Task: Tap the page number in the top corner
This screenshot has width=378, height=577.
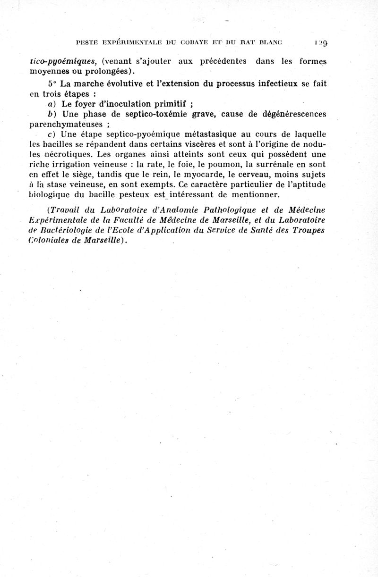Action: click(x=323, y=43)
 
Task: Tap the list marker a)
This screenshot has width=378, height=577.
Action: click(x=51, y=104)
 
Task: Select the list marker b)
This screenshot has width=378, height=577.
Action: click(x=51, y=115)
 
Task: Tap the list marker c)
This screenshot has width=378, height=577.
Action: click(x=51, y=135)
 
